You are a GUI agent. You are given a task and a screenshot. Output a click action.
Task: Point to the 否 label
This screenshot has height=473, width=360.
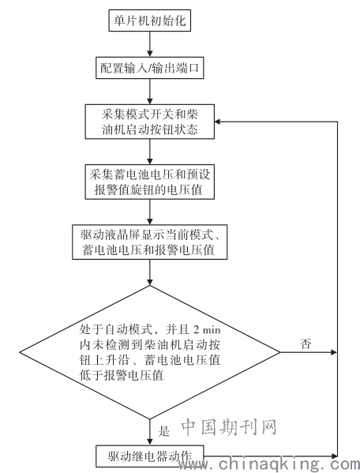point(306,343)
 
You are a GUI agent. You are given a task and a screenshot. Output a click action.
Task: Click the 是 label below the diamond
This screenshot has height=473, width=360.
point(163,431)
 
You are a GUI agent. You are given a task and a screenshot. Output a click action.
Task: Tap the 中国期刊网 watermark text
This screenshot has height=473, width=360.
point(229,427)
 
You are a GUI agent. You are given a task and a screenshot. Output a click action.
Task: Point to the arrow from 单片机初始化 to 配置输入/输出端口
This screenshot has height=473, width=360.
point(150,44)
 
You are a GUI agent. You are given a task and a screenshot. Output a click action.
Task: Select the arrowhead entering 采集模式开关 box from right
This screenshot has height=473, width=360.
point(218,122)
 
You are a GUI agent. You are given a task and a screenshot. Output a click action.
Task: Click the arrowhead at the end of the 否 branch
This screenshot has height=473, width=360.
point(333,352)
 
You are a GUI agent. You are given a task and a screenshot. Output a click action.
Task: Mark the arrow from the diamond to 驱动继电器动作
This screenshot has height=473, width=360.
point(150,432)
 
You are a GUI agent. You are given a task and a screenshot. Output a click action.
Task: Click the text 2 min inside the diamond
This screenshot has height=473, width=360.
point(207,330)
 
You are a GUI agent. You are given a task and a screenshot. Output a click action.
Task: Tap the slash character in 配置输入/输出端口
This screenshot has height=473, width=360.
point(149,68)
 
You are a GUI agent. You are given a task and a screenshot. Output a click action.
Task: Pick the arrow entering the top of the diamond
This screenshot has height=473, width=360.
point(150,272)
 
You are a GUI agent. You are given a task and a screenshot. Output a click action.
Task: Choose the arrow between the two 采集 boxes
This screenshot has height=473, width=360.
point(150,152)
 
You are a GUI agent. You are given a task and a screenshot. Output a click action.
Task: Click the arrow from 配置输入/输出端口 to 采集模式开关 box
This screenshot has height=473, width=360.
point(150,92)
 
